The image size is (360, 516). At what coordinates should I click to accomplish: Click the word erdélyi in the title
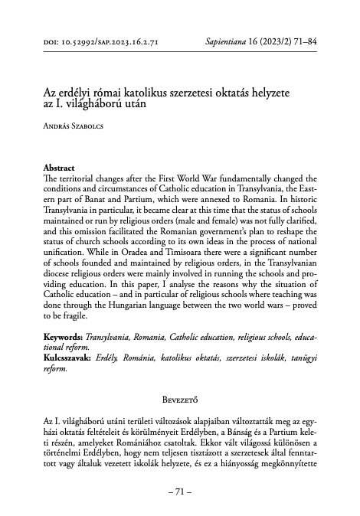(x=82, y=92)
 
